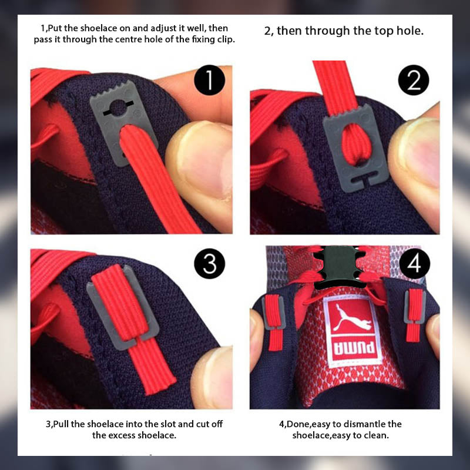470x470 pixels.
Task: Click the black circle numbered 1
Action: (210, 80)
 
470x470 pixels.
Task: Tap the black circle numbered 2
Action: (414, 80)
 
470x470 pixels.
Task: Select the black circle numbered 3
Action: (210, 263)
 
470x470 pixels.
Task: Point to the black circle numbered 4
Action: (415, 263)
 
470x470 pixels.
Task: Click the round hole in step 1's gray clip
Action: (119, 108)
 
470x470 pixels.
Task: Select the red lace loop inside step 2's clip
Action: (357, 145)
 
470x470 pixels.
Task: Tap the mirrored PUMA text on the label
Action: (354, 348)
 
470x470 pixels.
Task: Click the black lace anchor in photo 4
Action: (339, 266)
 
